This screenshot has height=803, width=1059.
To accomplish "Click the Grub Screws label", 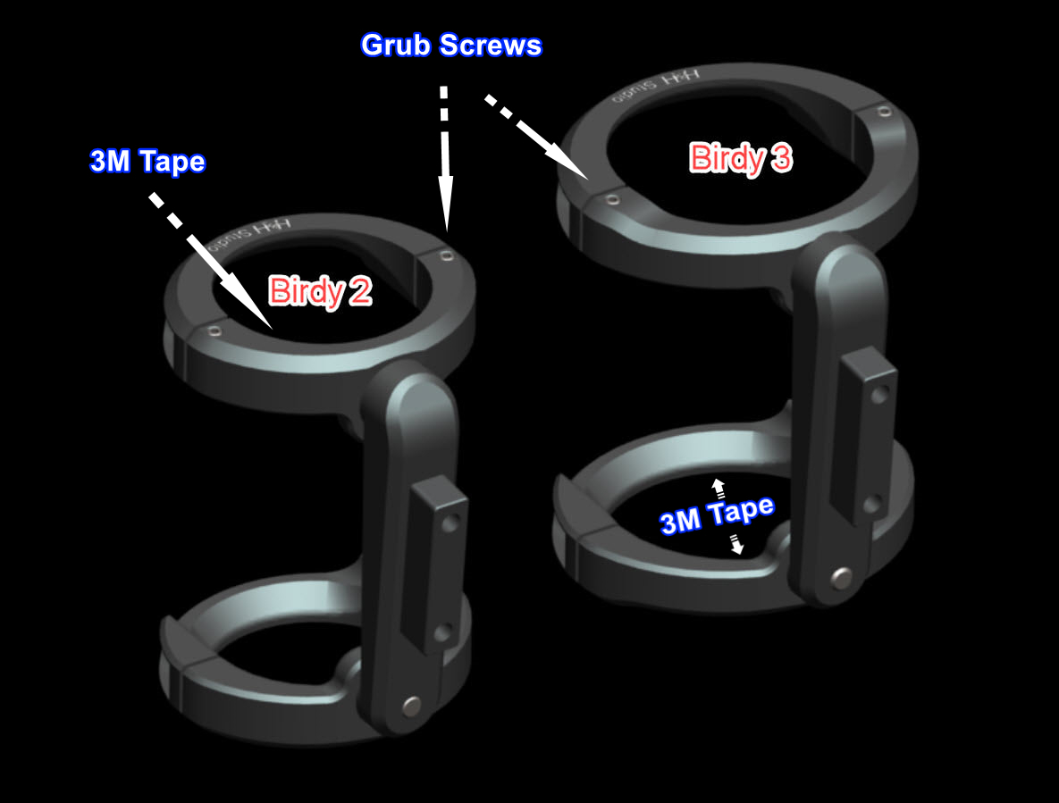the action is [x=450, y=46].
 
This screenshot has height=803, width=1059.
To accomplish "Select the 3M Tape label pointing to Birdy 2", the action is [x=147, y=162].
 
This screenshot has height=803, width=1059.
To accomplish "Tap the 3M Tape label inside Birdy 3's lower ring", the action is [x=717, y=514].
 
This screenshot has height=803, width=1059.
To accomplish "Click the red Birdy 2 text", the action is [x=320, y=291].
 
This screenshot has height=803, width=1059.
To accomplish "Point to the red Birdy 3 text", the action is [x=741, y=158].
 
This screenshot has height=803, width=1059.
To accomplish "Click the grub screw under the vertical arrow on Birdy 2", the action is [x=446, y=256].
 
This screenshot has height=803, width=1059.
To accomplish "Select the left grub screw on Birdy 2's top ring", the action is [x=213, y=330].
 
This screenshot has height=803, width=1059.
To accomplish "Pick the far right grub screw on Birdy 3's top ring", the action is [x=884, y=113].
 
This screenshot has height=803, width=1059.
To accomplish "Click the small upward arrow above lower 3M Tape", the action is [x=717, y=488].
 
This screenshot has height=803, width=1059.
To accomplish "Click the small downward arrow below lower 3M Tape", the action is [x=737, y=544].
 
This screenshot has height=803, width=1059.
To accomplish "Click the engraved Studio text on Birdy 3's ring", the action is [x=649, y=88].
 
